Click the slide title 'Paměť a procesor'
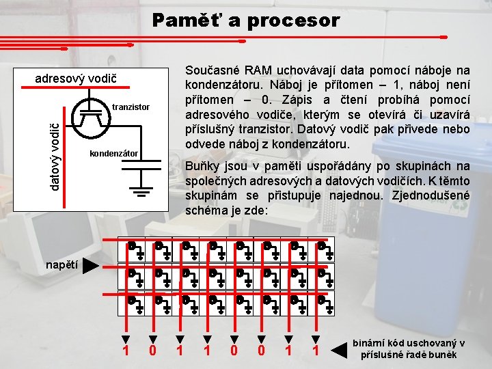pyautogui.click(x=245, y=20)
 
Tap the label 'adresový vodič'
pyautogui.click(x=75, y=79)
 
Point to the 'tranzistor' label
pyautogui.click(x=131, y=107)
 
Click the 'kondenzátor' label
pyautogui.click(x=114, y=154)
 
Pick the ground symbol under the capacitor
pyautogui.click(x=141, y=191)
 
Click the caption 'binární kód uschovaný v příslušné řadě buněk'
pyautogui.click(x=409, y=349)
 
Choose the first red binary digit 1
pyautogui.click(x=125, y=351)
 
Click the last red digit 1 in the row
pyautogui.click(x=316, y=351)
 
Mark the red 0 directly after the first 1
pyautogui.click(x=152, y=351)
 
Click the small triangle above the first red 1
pyautogui.click(x=125, y=338)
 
